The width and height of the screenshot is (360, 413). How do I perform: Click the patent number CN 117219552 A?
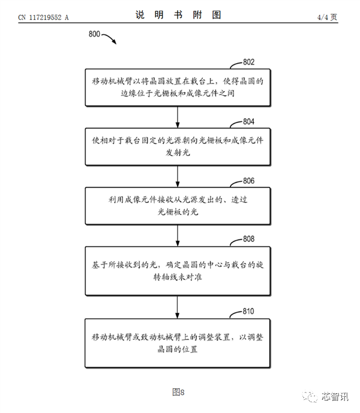pos(44,17)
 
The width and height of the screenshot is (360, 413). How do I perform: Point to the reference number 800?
pos(94,35)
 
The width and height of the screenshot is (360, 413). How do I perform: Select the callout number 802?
pos(248,62)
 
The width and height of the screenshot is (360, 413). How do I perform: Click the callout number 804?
pos(248,122)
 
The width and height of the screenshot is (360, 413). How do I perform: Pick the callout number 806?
pos(248,181)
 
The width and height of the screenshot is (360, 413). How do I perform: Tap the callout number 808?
pos(248,240)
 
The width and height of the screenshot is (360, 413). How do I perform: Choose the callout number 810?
pos(248,311)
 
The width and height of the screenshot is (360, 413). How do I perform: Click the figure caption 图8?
pos(178,392)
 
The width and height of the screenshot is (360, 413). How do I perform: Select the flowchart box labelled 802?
pos(178,87)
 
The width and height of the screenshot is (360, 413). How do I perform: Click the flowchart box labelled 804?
pos(178,146)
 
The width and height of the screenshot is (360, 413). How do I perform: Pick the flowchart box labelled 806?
pos(178,205)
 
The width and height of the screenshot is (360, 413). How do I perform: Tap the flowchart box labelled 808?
pos(178,271)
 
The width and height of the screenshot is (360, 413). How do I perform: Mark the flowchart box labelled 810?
pos(178,342)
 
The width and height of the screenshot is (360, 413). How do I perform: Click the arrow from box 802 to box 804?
pos(178,117)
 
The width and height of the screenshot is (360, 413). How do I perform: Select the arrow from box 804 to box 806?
pos(178,176)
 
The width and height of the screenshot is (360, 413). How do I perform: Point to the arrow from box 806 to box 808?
pos(178,235)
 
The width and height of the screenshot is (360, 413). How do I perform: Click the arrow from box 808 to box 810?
pos(178,306)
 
